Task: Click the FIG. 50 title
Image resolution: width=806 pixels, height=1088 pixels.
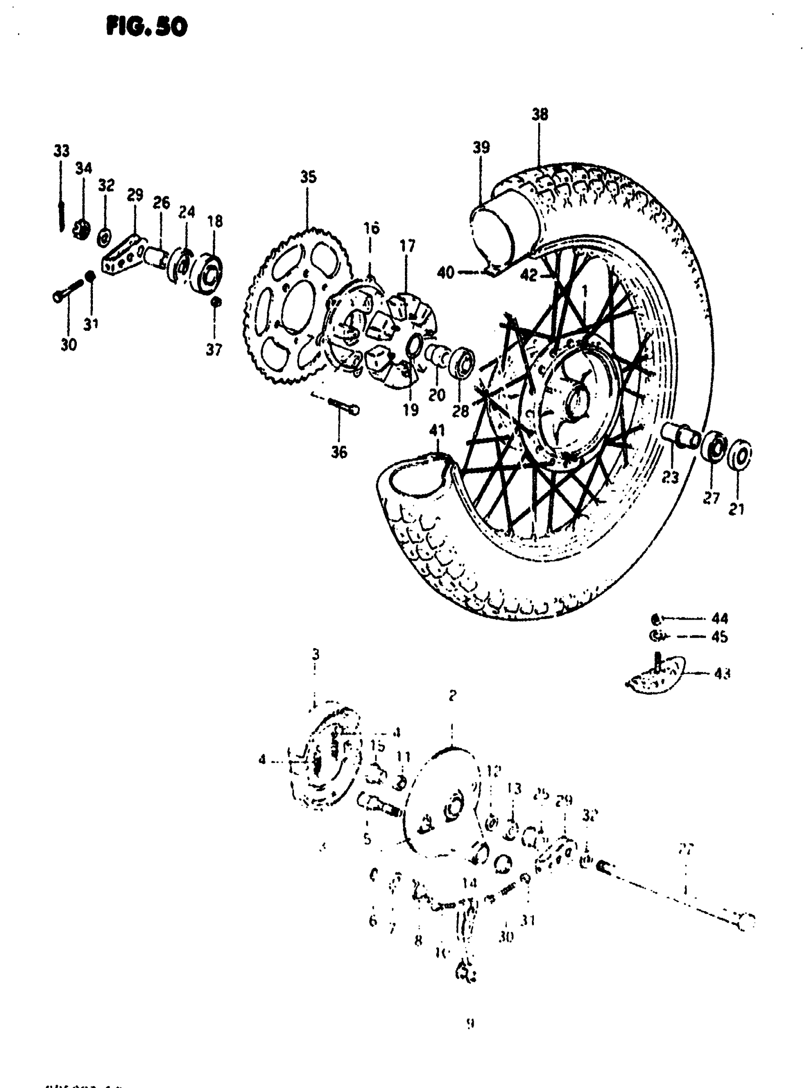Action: point(147,27)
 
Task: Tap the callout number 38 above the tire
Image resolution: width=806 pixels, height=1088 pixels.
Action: point(540,115)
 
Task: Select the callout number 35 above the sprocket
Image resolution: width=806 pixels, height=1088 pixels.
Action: point(308,177)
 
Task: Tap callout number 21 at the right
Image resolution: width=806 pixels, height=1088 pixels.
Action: point(736,509)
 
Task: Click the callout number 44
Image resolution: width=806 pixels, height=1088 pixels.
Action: point(720,619)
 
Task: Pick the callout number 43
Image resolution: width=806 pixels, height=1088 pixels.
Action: point(722,674)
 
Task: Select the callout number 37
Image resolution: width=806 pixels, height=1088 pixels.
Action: point(214,349)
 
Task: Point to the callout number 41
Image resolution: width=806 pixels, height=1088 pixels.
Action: point(437,430)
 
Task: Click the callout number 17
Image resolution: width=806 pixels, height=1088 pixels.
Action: point(407,246)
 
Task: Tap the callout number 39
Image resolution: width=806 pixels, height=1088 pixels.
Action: point(481,147)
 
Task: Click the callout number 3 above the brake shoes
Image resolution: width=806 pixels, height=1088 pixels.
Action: point(316,653)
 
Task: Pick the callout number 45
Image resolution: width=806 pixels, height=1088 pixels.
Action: point(720,637)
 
